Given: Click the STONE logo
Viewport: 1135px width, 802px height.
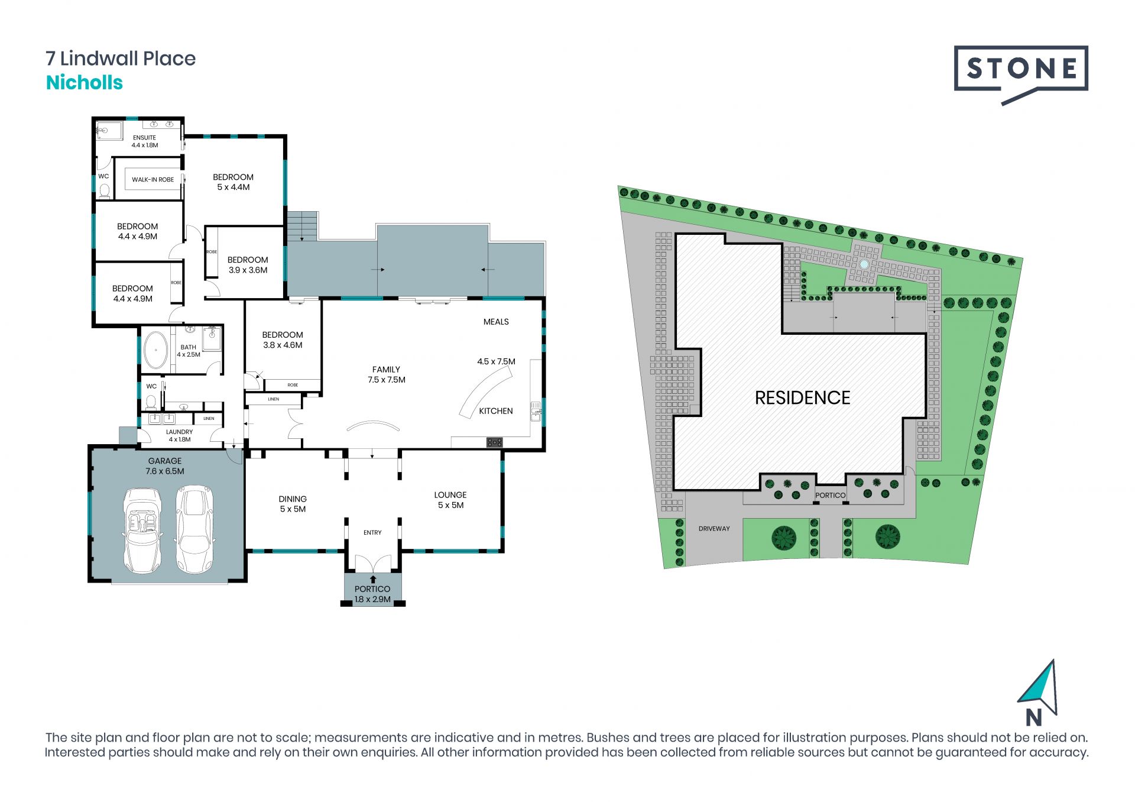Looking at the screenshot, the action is tap(1021, 73).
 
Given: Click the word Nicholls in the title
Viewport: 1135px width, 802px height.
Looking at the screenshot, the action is tap(85, 83).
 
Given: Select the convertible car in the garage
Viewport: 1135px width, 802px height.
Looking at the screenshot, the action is tap(142, 530).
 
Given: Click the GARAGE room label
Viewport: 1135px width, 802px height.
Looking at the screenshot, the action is tap(165, 461).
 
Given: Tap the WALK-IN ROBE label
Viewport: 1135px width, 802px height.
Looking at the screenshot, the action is tap(153, 180).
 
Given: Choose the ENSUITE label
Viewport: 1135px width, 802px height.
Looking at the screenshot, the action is tap(145, 138).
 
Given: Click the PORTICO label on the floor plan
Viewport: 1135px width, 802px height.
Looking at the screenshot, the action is tap(372, 589).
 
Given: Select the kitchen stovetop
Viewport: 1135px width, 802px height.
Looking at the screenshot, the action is tap(495, 442).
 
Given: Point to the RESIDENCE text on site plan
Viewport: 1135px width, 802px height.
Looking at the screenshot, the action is tap(803, 398).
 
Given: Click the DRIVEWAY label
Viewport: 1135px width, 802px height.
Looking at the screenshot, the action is tap(714, 529).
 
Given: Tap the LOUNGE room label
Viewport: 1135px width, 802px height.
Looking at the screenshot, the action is tap(450, 495).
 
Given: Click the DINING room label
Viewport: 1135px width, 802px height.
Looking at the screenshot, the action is tap(293, 499).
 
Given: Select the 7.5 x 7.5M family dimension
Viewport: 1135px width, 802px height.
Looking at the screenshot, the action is tap(387, 380).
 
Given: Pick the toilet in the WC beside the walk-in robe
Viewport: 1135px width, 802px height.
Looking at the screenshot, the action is tap(105, 189).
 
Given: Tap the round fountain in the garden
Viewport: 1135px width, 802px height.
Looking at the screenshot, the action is tap(864, 264).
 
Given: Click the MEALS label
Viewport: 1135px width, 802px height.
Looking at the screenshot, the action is tap(496, 322).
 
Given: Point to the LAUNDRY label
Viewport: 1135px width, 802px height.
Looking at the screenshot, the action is tap(179, 432).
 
